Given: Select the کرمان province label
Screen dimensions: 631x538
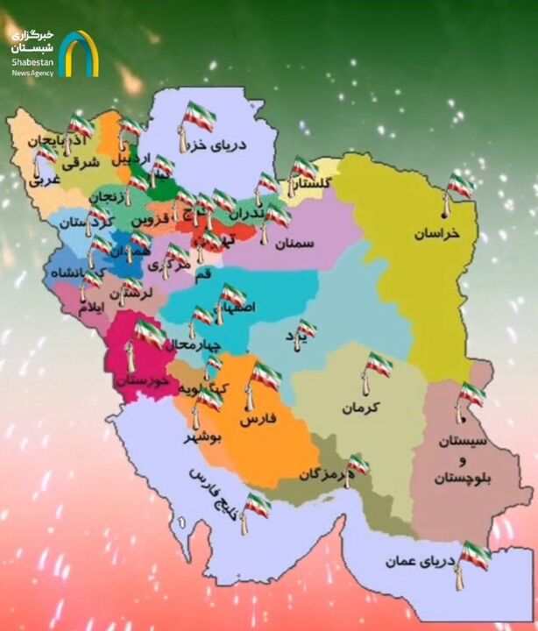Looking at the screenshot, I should [x=365, y=408].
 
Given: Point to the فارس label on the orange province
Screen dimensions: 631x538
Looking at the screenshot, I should [x=258, y=421].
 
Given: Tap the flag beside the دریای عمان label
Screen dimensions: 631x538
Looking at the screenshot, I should [x=476, y=555].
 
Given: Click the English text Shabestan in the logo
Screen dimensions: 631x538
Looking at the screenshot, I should [x=32, y=61].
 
